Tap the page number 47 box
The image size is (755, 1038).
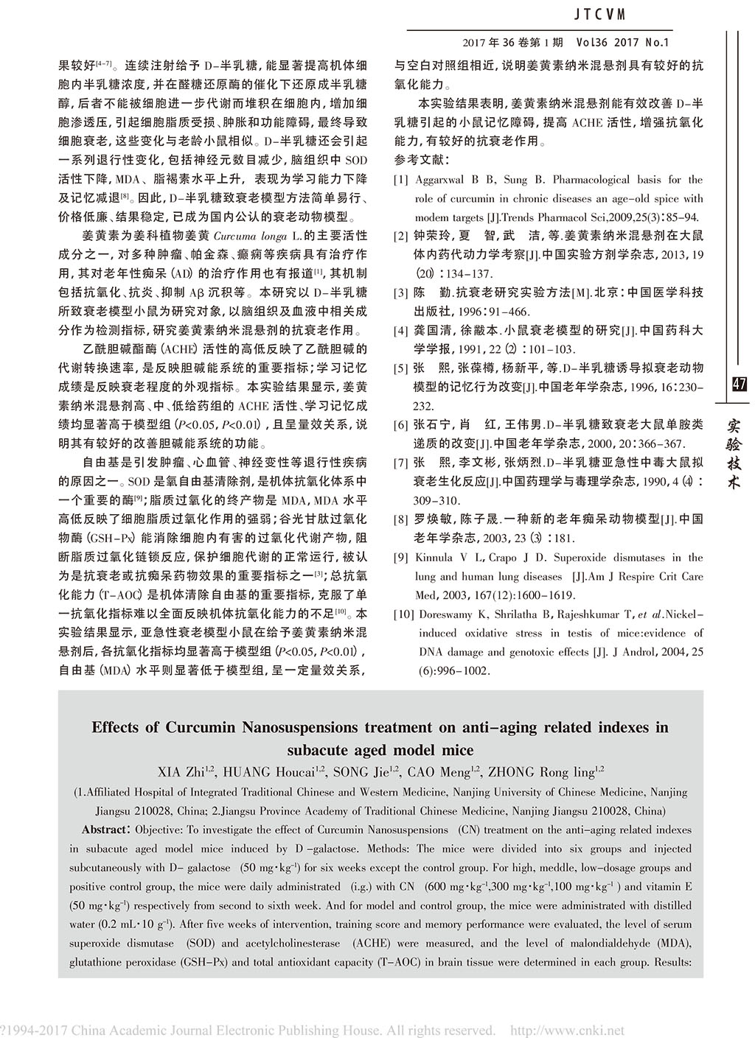tap(740, 384)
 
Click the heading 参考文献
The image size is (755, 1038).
tap(421, 160)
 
